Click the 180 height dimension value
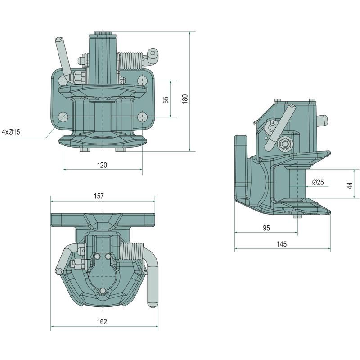pyautogui.click(x=184, y=99)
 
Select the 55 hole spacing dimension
pyautogui.click(x=166, y=99)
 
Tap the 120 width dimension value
pyautogui.click(x=102, y=165)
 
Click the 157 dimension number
pyautogui.click(x=99, y=196)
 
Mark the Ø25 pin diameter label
pyautogui.click(x=318, y=182)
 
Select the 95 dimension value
pyautogui.click(x=266, y=228)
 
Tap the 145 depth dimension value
pyautogui.click(x=282, y=244)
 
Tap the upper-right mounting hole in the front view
pyautogui.click(x=143, y=81)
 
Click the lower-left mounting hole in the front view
pyautogui.click(x=62, y=117)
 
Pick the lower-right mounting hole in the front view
pyautogui.click(x=143, y=117)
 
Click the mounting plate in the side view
pyautogui.click(x=241, y=166)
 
